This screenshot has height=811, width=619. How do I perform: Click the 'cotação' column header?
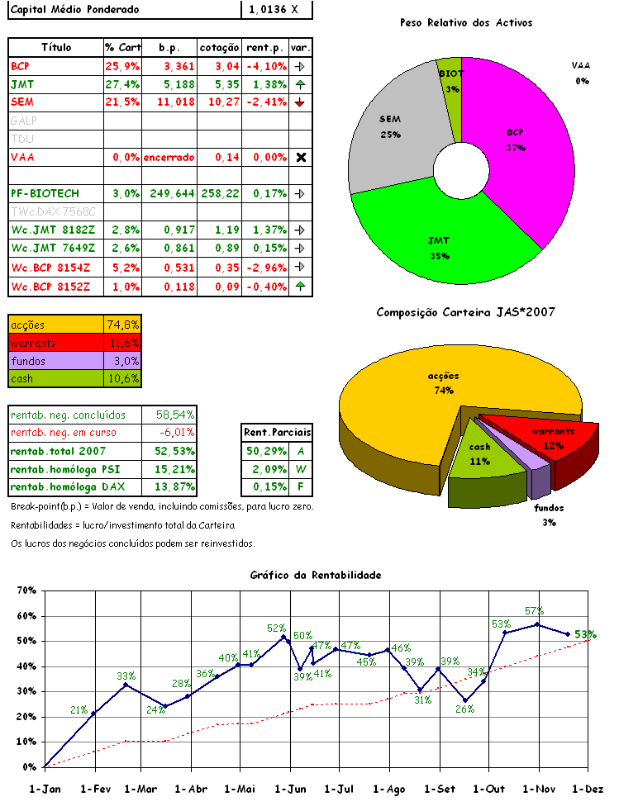(x=220, y=48)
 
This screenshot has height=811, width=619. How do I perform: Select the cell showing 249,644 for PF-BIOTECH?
(x=170, y=193)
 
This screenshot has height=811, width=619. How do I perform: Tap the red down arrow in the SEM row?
(x=300, y=102)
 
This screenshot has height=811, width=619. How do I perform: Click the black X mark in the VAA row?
(x=301, y=157)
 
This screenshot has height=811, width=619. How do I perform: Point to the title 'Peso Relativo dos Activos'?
(x=465, y=23)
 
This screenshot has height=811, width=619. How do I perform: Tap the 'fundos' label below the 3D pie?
(x=550, y=509)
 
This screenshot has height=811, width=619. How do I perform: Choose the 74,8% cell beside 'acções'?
(x=123, y=325)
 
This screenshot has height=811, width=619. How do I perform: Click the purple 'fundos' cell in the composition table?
(x=56, y=361)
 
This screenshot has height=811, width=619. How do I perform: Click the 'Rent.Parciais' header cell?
(x=277, y=432)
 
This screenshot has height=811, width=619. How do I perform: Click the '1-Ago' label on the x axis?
(x=389, y=789)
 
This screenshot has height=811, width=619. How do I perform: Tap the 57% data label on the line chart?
(x=534, y=611)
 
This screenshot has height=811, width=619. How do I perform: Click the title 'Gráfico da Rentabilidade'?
(x=316, y=575)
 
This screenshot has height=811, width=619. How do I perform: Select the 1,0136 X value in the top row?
(x=277, y=10)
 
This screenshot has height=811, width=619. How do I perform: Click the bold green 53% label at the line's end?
(x=585, y=634)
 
